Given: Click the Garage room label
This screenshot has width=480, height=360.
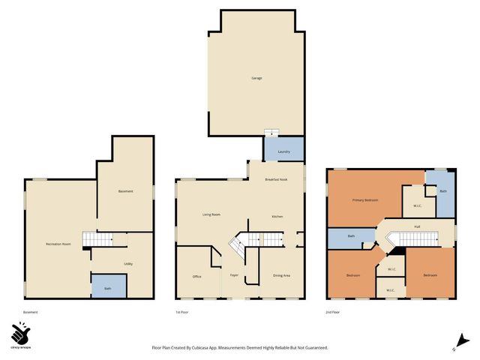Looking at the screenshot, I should click(256, 78).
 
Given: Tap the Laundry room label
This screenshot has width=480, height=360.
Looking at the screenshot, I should click(283, 152).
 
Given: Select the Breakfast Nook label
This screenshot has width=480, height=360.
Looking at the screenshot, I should click(277, 180).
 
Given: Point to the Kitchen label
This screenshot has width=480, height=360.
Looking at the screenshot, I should click(277, 217).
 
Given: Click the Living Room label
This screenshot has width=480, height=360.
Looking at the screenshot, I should click(211, 215).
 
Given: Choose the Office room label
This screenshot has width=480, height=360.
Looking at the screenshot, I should click(196, 277).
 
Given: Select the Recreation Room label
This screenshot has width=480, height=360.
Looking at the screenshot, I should click(58, 244).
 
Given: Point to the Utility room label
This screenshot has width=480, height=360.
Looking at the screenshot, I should click(128, 264).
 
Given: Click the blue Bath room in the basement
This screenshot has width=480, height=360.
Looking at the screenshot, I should click(108, 287).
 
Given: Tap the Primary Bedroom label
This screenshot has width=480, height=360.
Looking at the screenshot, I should click(365, 200).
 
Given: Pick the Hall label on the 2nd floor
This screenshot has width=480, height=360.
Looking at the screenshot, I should click(417, 226).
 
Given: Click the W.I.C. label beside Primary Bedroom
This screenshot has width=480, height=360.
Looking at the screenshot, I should click(417, 206).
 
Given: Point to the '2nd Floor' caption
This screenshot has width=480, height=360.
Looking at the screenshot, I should click(333, 312).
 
